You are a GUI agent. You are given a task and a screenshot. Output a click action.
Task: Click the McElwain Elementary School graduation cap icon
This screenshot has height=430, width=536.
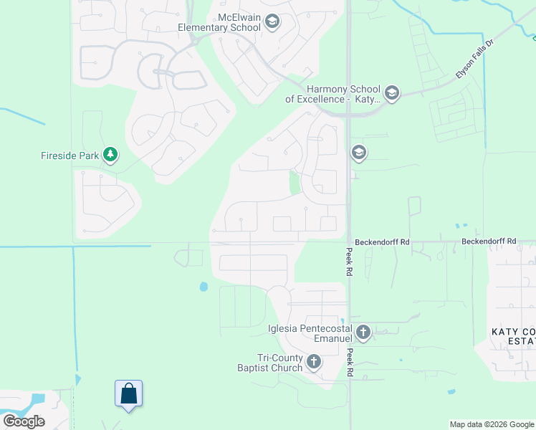click(272, 22)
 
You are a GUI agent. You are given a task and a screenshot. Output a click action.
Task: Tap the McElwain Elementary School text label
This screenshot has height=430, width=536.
click(219, 22)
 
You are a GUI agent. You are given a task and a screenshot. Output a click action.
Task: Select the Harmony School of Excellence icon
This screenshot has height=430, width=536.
click(391, 92)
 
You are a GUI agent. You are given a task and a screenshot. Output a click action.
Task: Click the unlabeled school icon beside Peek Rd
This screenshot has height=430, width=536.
click(358, 153)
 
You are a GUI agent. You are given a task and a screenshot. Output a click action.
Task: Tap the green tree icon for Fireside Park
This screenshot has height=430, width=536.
click(110, 154)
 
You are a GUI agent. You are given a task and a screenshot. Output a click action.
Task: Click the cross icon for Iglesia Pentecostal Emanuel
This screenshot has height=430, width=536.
click(363, 332)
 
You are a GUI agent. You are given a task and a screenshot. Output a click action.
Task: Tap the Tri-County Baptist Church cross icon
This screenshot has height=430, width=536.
click(314, 362)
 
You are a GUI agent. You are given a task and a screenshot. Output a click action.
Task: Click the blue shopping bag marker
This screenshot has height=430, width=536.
click(128, 394)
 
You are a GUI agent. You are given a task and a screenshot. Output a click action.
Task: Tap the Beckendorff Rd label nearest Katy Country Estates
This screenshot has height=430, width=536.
click(489, 242)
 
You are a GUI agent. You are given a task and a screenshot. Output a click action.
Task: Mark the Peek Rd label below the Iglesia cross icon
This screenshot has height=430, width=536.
click(350, 363)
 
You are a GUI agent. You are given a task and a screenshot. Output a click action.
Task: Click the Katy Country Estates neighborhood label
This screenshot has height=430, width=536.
click(513, 337)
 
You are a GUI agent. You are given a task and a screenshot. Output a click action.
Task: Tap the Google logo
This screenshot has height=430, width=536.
click(24, 421)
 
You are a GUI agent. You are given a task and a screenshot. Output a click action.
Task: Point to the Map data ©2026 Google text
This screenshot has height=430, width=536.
click(492, 424)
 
